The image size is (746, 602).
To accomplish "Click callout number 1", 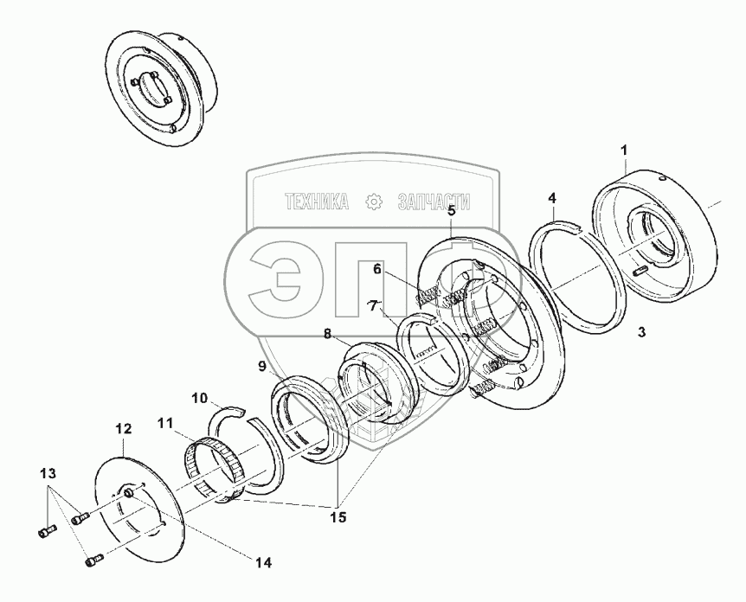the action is point(624,152).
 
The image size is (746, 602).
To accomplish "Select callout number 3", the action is point(640,332).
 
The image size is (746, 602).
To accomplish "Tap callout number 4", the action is point(551,199).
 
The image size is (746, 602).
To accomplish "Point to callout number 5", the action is point(450,210).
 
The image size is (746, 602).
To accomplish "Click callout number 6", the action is point(377,269).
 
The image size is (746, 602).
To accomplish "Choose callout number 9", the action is point(261,366).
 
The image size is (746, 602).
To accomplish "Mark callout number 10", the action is point(200,399).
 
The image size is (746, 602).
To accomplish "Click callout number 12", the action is point(122,428).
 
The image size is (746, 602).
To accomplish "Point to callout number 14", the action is point(262,562).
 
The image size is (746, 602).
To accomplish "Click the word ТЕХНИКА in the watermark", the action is point(318,202).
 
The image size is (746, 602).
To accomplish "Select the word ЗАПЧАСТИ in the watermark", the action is point(433,202).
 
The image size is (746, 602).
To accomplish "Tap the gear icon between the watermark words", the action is point(374,202).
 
